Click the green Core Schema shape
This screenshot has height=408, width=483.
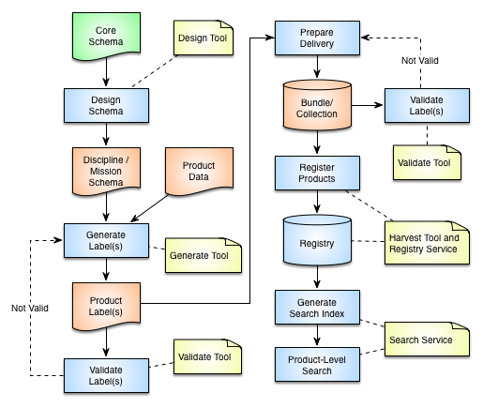click(x=106, y=36)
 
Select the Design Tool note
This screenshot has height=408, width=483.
click(x=204, y=38)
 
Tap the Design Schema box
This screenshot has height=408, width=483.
click(x=106, y=105)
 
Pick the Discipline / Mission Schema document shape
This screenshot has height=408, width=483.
click(x=106, y=171)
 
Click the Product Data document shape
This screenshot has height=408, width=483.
click(x=199, y=171)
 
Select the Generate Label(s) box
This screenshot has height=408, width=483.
click(x=106, y=240)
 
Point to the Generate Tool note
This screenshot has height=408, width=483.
click(x=204, y=255)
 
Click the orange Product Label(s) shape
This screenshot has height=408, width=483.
click(x=106, y=306)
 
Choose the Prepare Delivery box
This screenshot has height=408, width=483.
click(x=317, y=38)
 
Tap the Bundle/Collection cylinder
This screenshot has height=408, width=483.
click(x=317, y=105)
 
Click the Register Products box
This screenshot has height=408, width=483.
click(x=317, y=173)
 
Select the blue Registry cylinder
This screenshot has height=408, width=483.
click(x=317, y=240)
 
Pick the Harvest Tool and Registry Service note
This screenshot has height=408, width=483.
click(x=427, y=243)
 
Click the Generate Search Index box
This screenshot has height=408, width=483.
click(x=317, y=308)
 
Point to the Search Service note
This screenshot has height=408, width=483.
click(x=427, y=339)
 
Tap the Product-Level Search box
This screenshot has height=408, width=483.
click(x=317, y=364)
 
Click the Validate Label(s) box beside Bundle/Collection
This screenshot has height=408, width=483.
click(x=427, y=105)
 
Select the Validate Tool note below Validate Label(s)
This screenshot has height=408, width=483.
click(x=427, y=162)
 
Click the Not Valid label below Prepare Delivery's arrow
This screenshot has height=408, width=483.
click(x=420, y=60)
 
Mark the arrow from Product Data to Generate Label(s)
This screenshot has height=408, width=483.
click(x=149, y=208)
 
